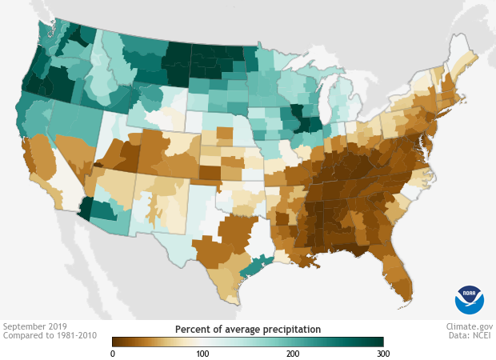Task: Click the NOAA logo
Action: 470,299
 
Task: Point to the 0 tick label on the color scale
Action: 113,353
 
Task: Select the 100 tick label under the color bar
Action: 202,353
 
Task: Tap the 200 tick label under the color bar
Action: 293,353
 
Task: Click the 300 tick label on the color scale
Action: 382,353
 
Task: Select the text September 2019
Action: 36,326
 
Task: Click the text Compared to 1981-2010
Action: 50,336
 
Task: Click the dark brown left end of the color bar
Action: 117,342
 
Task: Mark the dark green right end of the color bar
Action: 379,342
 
